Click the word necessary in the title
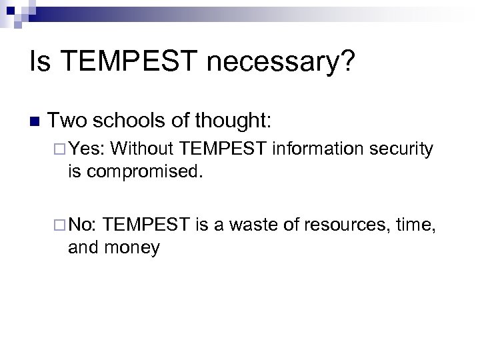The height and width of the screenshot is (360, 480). coord(283,64)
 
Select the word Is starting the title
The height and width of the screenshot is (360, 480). coord(39,64)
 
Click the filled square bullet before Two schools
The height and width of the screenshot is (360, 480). coord(35,121)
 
